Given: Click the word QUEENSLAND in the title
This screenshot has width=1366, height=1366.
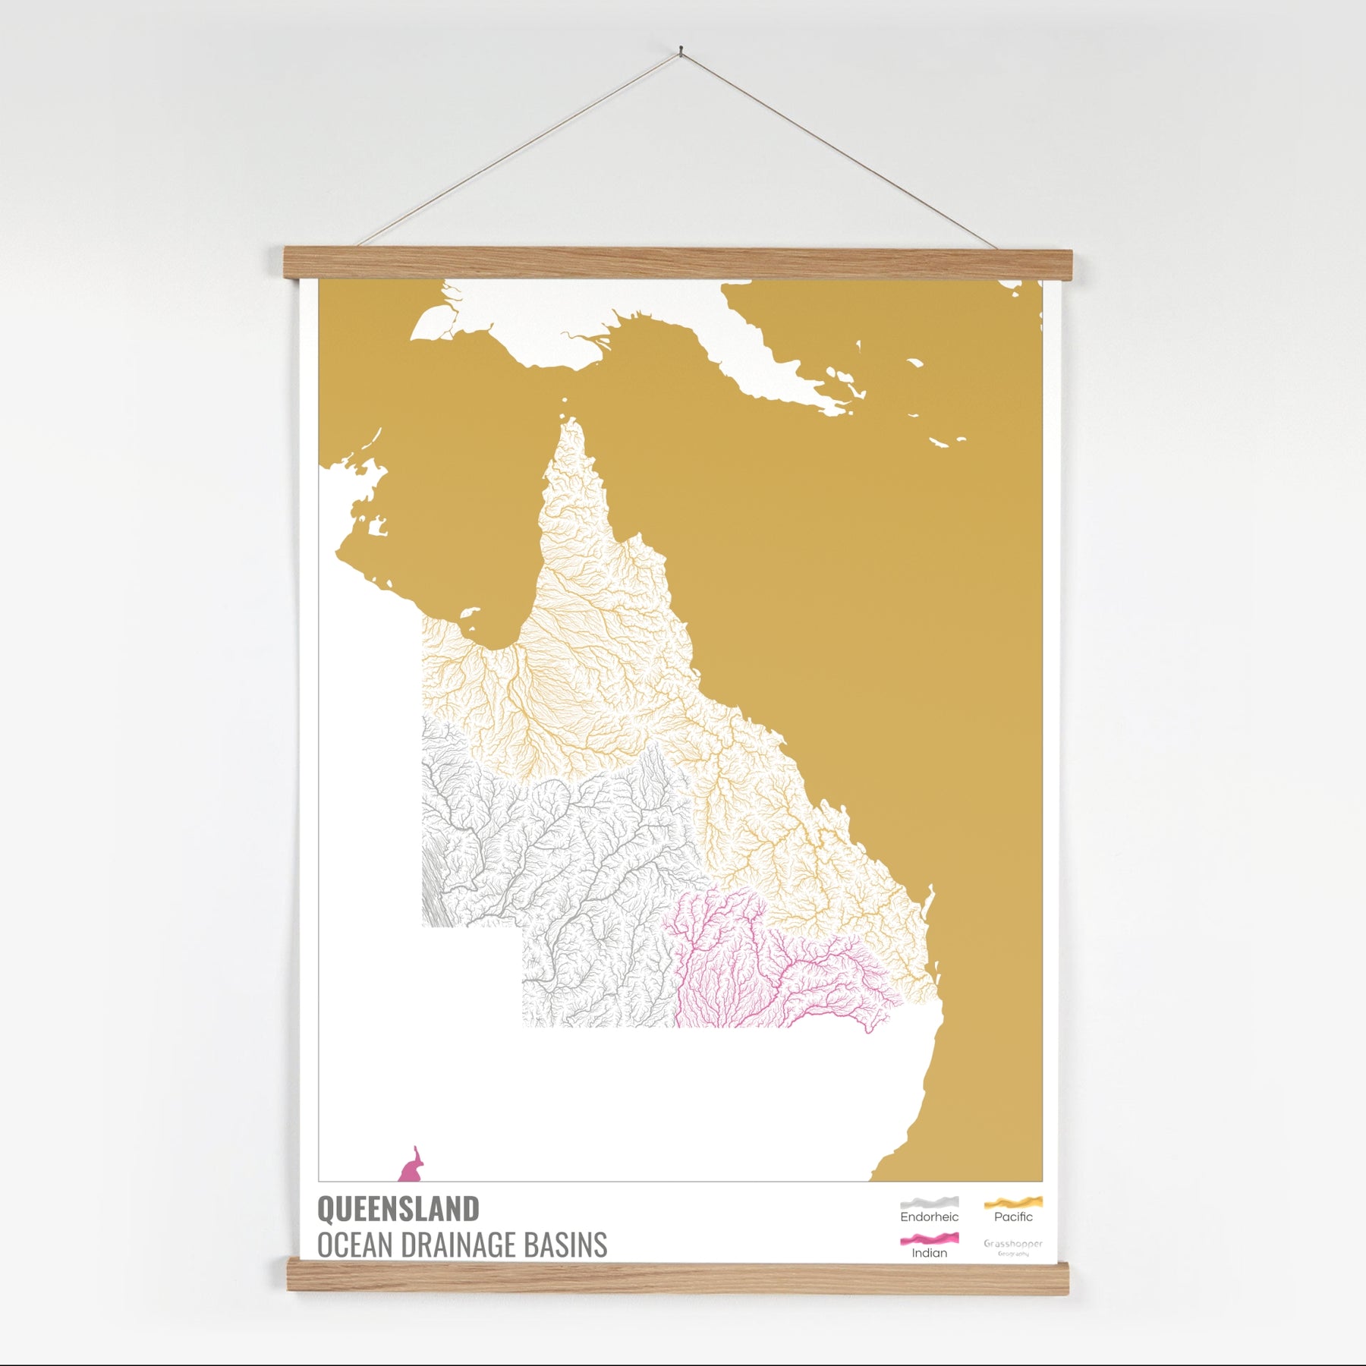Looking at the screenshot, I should (x=398, y=1209).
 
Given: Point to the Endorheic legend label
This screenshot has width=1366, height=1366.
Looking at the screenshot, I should (x=929, y=1217).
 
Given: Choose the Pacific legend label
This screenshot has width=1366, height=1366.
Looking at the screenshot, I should (x=1013, y=1217).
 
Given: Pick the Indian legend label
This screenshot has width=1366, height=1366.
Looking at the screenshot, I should (x=929, y=1253).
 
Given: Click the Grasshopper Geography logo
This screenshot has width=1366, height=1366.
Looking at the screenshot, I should (x=1013, y=1248).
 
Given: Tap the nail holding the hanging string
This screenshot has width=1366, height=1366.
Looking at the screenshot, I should (x=681, y=50).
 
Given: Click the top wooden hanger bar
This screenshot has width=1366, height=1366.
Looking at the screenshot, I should (x=677, y=262).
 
